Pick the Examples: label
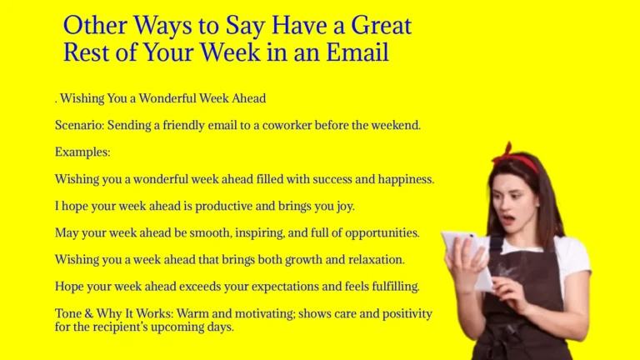82,152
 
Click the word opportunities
381,232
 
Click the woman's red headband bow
506,153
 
